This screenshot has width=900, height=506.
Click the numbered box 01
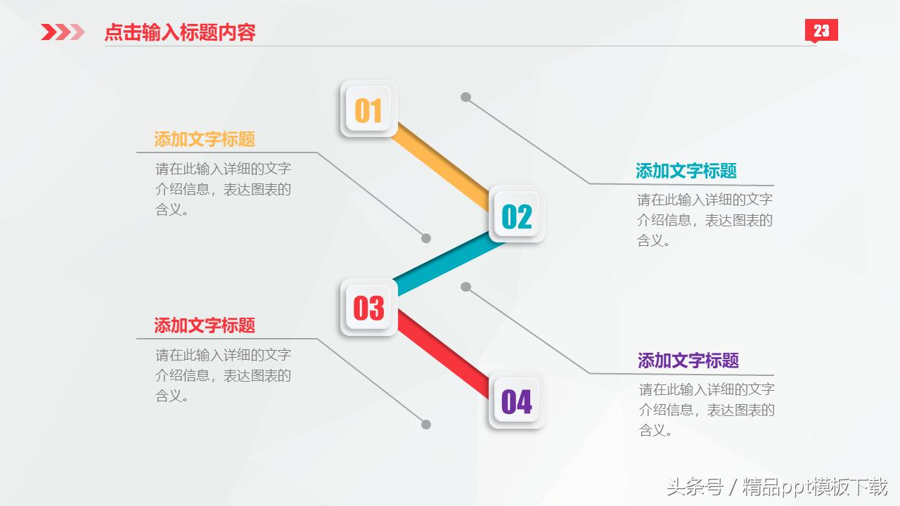[x=368, y=109]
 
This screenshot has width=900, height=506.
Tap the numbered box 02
[x=517, y=215]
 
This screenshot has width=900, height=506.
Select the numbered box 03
[x=368, y=307]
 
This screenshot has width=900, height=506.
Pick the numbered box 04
[x=517, y=401]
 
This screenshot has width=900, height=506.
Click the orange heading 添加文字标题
[x=205, y=139]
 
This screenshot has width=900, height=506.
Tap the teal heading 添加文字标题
[x=686, y=171]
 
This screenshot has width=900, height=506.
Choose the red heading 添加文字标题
[x=205, y=325]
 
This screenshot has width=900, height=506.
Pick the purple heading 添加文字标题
[x=688, y=361]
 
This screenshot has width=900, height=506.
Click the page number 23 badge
[x=821, y=31]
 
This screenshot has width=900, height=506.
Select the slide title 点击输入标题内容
[x=180, y=32]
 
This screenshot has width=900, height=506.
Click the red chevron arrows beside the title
[x=63, y=32]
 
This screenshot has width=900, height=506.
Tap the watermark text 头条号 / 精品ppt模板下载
[x=777, y=486]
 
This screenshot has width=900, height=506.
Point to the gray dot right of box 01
[x=465, y=97]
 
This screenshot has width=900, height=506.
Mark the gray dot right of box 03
[x=465, y=287]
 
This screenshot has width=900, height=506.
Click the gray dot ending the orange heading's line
[x=426, y=238]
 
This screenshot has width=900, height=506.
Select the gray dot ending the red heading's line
[x=426, y=424]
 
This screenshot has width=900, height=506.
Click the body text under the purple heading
[x=706, y=410]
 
